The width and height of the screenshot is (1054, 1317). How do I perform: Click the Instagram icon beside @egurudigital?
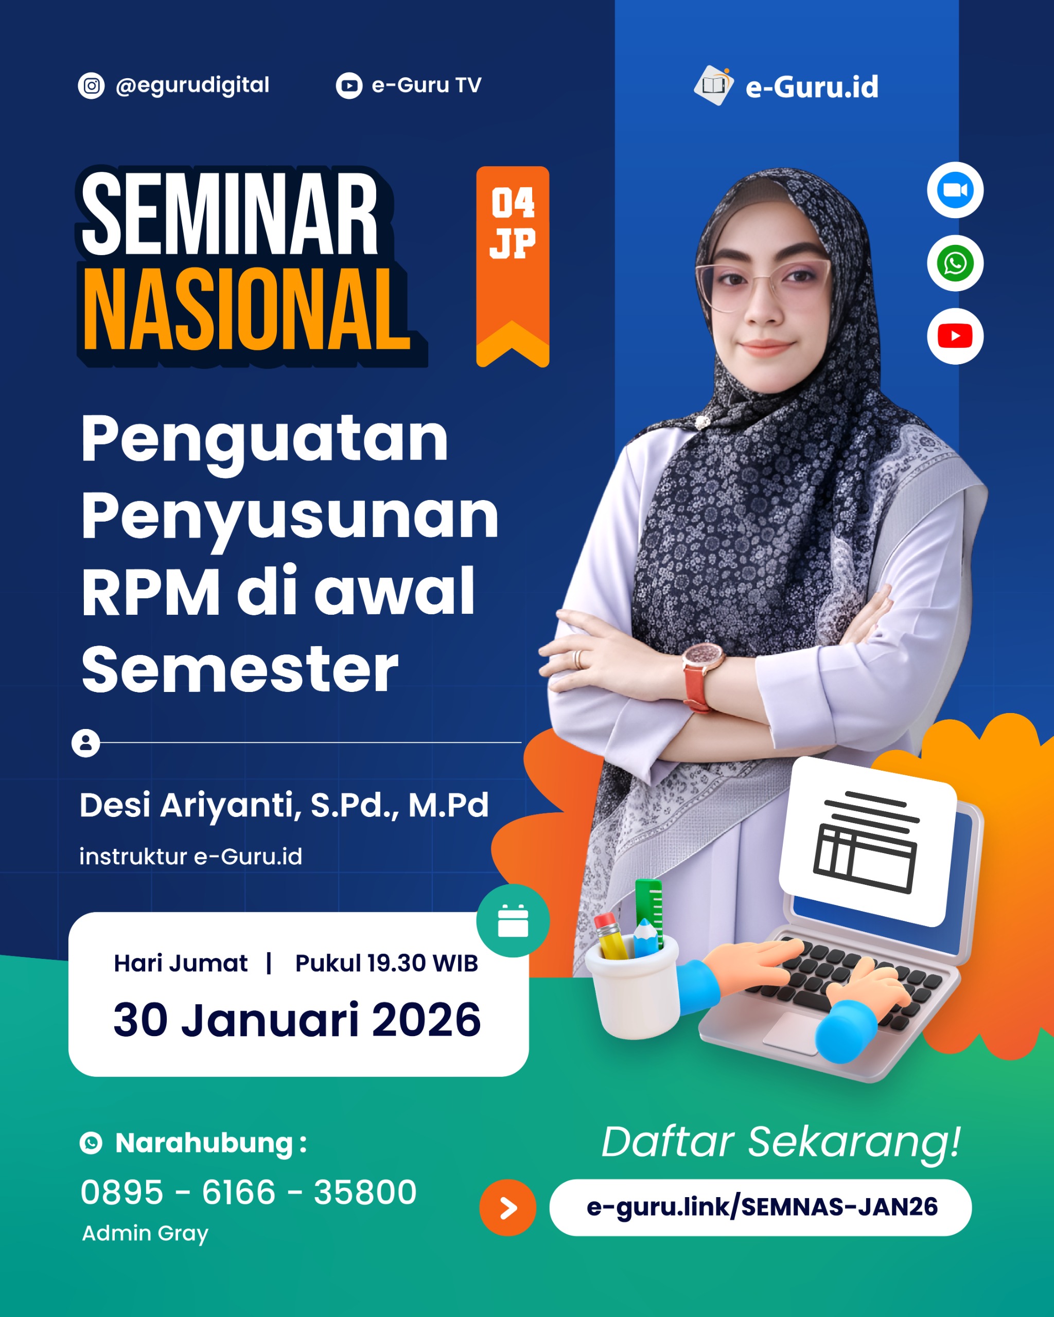[91, 85]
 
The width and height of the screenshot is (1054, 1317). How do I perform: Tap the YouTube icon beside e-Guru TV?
[349, 85]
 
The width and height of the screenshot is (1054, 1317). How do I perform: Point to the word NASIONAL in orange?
[246, 310]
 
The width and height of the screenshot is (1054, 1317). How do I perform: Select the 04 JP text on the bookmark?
[513, 223]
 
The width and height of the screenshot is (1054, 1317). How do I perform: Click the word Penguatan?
[265, 439]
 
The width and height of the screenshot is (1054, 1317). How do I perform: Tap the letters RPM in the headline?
[150, 591]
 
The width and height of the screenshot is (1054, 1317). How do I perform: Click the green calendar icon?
[513, 920]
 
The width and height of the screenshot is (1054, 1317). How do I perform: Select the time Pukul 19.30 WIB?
[386, 964]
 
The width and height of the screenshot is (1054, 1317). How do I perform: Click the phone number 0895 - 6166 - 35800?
[249, 1193]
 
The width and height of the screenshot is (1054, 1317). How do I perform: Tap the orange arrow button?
[508, 1207]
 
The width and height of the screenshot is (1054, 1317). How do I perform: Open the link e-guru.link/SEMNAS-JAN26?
[761, 1207]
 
